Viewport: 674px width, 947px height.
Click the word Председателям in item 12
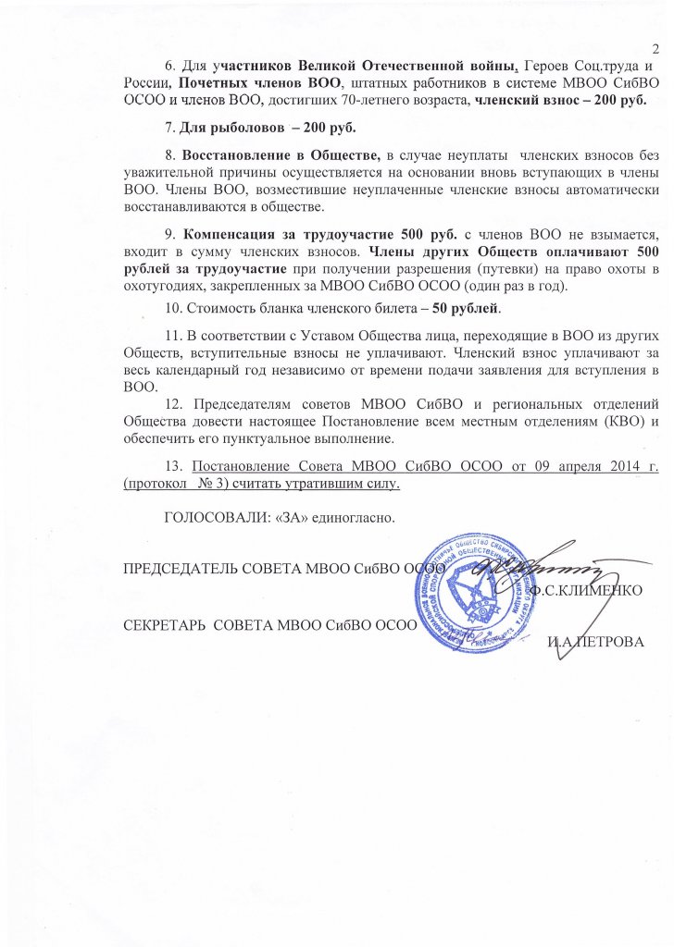pyautogui.click(x=243, y=404)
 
